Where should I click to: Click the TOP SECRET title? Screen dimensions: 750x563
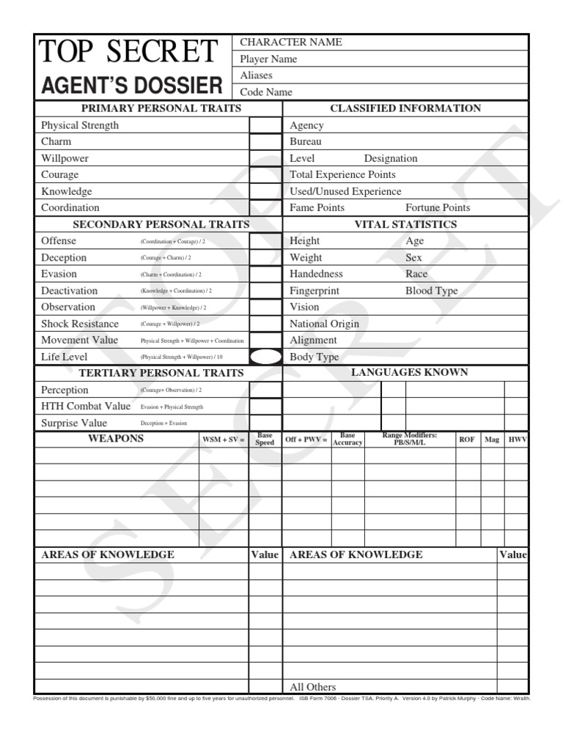point(128,52)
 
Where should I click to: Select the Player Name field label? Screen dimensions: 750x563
point(268,59)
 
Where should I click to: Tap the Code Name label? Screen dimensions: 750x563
point(266,92)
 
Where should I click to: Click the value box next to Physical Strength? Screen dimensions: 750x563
point(265,125)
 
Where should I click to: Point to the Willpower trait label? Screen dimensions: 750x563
point(65,158)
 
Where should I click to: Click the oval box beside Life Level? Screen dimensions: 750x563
point(265,357)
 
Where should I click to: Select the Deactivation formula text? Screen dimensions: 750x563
point(176,291)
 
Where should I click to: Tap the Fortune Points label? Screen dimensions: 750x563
point(438,208)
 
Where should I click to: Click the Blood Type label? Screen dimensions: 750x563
point(432,291)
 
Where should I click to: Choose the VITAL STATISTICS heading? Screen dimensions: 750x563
point(405,225)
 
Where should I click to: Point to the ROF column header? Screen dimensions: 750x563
point(467,439)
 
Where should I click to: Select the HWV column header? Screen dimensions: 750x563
point(518,439)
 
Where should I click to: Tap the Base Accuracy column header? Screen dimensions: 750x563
point(347,439)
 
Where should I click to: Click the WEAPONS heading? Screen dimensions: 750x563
point(116,439)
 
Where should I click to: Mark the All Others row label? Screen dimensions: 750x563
point(313,687)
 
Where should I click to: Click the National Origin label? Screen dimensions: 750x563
point(324,324)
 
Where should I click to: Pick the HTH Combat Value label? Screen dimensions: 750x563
point(86,406)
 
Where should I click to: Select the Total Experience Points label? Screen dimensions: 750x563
point(342,175)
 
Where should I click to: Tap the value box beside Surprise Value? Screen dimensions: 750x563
point(265,423)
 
